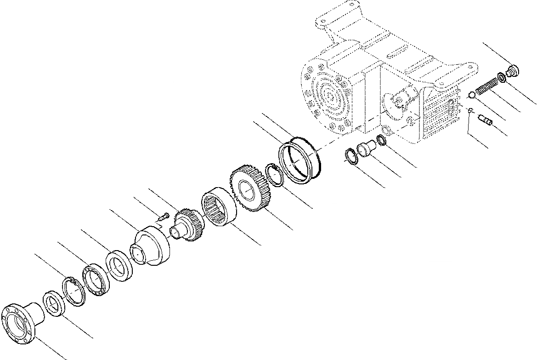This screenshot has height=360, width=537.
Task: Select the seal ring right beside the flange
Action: [56, 304]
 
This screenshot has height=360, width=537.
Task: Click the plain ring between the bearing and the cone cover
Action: [119, 266]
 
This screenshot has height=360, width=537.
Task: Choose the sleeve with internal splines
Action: [219, 210]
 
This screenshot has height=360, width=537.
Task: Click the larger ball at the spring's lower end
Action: [471, 95]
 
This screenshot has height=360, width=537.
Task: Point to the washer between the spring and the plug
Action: [502, 77]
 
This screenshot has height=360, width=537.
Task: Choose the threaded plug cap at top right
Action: [512, 71]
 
